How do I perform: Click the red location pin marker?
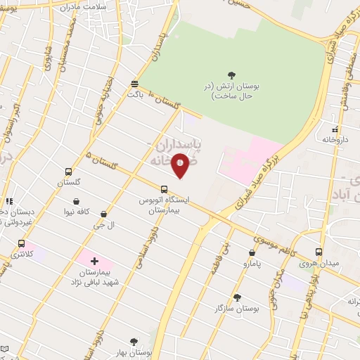(x=180, y=165)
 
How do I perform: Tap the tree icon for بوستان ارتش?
(x=232, y=75)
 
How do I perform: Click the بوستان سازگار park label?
(x=238, y=308)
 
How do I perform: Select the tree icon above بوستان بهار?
(x=134, y=342)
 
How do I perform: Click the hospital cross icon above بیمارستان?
(x=94, y=261)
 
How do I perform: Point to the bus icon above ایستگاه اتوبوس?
(x=164, y=189)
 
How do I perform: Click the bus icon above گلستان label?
(x=68, y=172)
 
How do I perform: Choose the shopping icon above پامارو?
(x=252, y=252)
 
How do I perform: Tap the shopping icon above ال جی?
(x=104, y=214)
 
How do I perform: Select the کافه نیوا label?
(x=77, y=210)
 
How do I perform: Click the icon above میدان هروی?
(x=319, y=252)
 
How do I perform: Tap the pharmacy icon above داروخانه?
(x=335, y=129)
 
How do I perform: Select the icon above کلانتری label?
(x=21, y=243)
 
